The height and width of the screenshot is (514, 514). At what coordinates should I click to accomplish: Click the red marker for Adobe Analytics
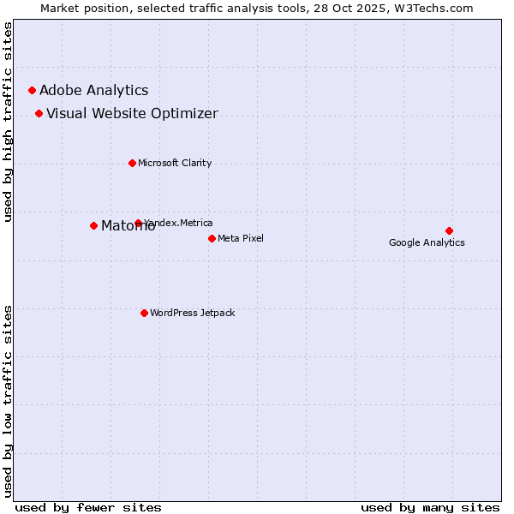[x=32, y=90]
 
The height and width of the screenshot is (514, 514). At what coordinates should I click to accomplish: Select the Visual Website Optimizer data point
[x=39, y=113]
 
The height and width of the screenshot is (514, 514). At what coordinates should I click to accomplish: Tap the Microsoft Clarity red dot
[x=132, y=163]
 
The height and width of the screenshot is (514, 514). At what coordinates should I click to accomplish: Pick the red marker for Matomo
[x=93, y=225]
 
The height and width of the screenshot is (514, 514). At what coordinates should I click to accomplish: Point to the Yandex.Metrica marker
[x=138, y=223]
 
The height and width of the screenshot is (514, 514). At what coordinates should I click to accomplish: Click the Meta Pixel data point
[x=212, y=238]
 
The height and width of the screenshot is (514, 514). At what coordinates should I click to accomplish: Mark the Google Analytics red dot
[x=449, y=230]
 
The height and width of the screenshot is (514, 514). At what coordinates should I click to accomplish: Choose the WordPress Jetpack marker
[x=144, y=313]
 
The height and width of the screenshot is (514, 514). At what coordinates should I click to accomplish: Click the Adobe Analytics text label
[x=93, y=90]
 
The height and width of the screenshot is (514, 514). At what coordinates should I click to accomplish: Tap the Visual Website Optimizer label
[x=132, y=113]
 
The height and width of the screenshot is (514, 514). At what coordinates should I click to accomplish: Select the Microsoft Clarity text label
[x=175, y=163]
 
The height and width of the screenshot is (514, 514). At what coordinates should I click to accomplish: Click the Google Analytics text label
[x=427, y=242]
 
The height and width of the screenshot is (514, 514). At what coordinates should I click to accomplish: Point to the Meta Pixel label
[x=241, y=238]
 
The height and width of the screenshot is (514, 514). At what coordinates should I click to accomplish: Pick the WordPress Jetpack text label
[x=192, y=313]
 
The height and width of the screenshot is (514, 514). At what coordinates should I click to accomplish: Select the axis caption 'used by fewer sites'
[x=88, y=507]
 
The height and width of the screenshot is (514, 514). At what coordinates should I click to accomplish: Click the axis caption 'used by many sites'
[x=430, y=507]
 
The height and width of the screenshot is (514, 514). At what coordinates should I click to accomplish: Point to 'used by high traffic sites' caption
[x=9, y=122]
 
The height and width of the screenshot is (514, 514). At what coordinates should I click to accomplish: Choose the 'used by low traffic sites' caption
[x=9, y=401]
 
